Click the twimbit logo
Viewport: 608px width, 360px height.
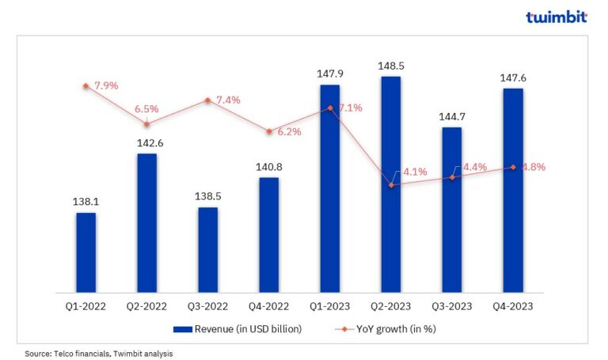pos(557,17)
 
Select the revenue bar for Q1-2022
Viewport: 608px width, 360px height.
pos(85,252)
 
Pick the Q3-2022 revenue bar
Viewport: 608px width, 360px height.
pos(207,250)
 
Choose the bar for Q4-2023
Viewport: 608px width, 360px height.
pos(513,190)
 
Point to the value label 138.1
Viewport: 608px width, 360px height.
pos(85,203)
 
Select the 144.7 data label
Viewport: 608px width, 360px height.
pos(451,117)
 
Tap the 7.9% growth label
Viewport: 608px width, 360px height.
pos(105,85)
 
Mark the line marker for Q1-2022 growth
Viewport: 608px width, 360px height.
pos(85,85)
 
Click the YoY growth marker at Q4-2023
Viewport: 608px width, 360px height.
pos(513,167)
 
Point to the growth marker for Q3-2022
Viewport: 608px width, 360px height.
pos(207,100)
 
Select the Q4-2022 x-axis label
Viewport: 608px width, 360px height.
pos(269,305)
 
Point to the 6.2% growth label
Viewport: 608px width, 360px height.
pos(289,132)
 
